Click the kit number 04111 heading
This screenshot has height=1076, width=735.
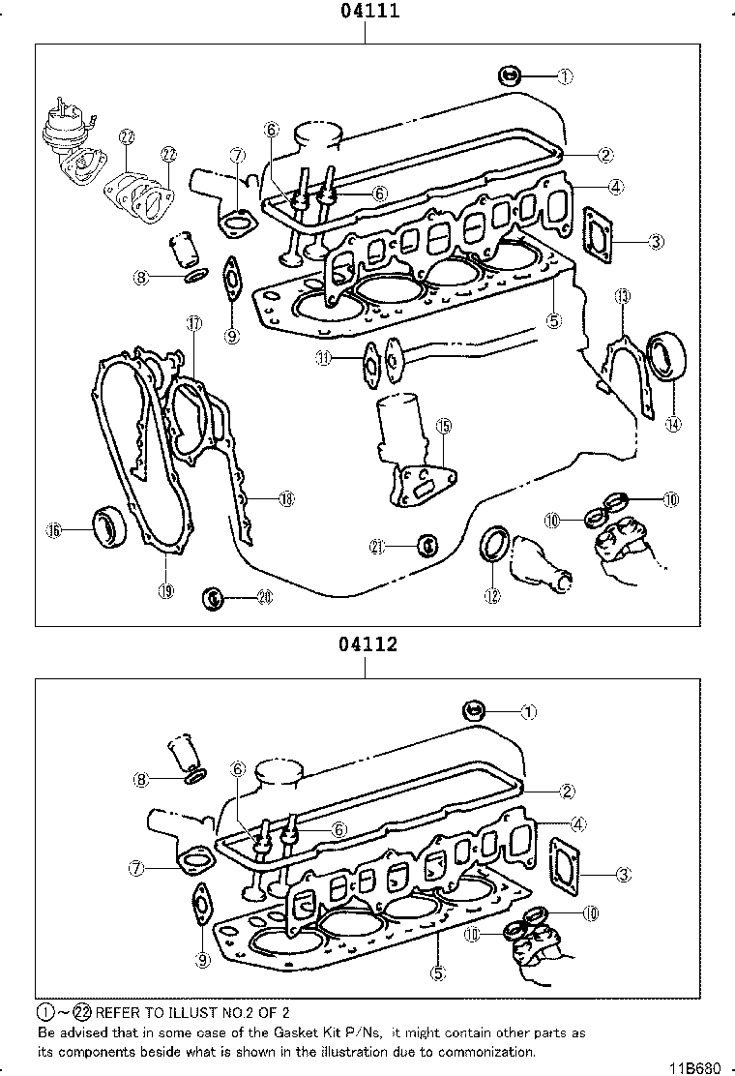click(x=368, y=12)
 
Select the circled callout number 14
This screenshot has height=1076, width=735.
click(x=672, y=421)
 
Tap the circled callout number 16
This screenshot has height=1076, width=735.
click(x=54, y=529)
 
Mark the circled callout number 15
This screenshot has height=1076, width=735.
click(x=444, y=425)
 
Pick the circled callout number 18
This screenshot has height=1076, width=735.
click(x=285, y=499)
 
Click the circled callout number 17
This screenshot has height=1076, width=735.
click(x=193, y=324)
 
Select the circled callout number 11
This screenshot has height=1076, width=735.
click(x=323, y=358)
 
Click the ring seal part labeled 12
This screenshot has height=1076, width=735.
click(x=494, y=543)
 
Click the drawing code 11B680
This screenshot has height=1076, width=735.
click(x=696, y=1067)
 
